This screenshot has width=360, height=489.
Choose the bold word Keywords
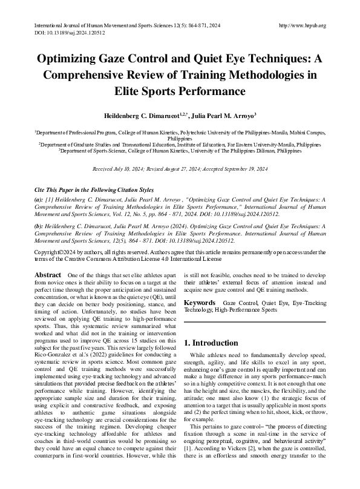click(x=199, y=318)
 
